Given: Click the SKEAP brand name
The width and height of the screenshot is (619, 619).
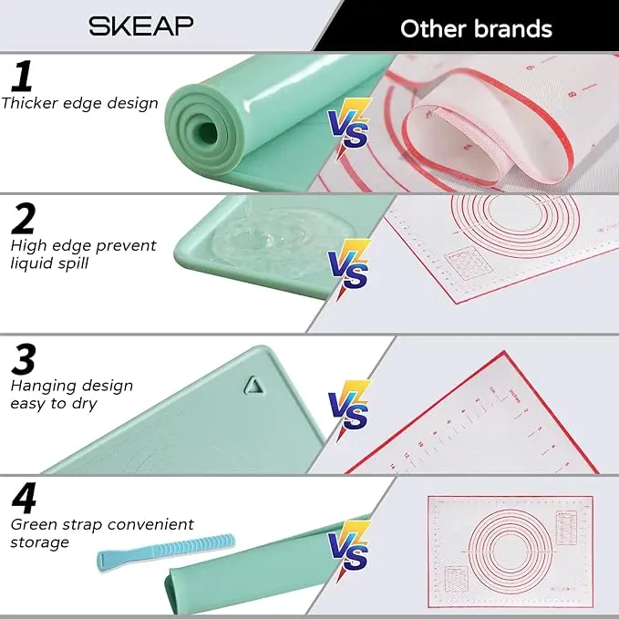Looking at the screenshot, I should (140, 26).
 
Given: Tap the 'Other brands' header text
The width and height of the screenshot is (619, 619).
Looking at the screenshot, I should (476, 28).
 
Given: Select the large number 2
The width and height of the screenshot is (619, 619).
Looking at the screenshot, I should (25, 218).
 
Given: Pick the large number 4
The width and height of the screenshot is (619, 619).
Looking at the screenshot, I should (25, 499).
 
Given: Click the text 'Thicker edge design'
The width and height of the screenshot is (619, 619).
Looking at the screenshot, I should (79, 103).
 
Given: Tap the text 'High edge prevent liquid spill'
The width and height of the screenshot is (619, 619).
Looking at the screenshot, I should (82, 255).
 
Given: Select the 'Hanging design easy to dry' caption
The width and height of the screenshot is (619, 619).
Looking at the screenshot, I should (71, 395).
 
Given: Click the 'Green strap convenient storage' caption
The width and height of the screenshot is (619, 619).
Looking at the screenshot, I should (101, 533).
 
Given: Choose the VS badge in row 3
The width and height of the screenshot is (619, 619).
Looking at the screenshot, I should (349, 408).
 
